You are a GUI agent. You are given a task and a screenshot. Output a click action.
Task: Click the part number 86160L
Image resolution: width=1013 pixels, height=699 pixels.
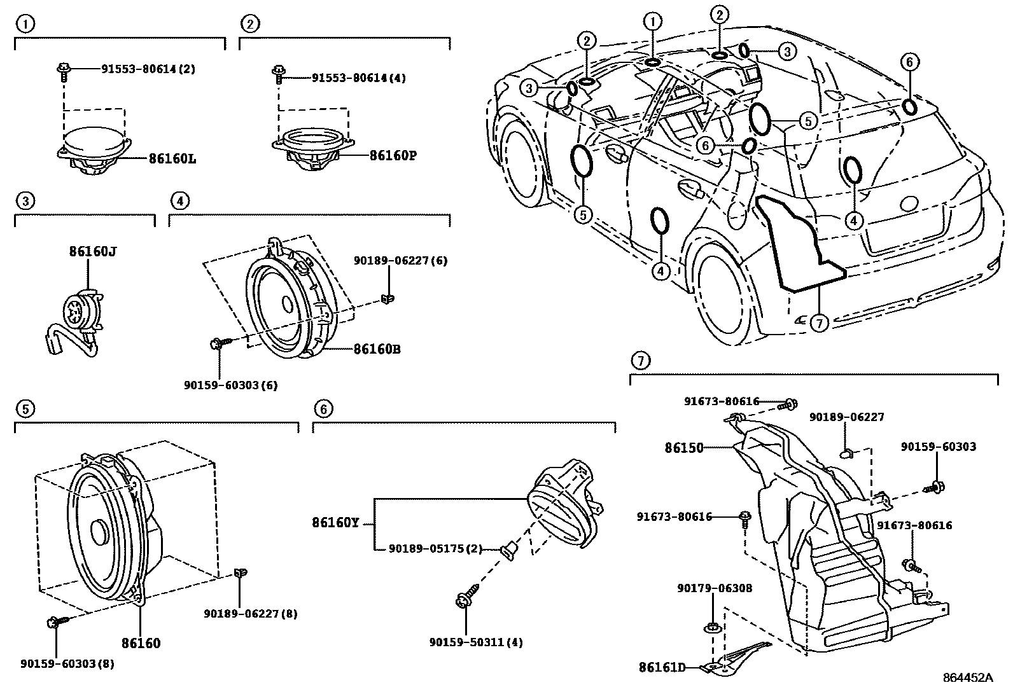[x=172, y=159]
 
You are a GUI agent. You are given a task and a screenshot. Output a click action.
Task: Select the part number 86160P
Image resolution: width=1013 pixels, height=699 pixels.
[x=393, y=156]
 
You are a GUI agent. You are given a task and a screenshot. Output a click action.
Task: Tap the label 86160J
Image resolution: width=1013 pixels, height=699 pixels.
[x=93, y=251]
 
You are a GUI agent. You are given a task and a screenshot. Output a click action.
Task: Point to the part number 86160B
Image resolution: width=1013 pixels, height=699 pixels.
[x=377, y=349]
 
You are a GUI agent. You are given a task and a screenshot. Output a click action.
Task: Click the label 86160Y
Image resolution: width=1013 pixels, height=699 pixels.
[x=335, y=523]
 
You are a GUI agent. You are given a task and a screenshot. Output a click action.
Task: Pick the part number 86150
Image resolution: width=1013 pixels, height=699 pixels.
[x=684, y=448]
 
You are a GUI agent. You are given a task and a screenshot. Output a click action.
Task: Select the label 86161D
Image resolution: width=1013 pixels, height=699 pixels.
[x=662, y=667]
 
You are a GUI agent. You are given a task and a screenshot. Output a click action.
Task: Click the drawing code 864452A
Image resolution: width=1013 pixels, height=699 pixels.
[x=968, y=678]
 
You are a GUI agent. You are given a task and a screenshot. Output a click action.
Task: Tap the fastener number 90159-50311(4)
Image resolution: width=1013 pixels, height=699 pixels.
[x=476, y=642]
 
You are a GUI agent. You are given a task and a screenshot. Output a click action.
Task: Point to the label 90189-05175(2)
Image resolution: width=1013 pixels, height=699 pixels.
[x=435, y=549]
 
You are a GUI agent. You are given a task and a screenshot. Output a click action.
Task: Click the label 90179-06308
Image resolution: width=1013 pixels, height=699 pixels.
[x=715, y=588]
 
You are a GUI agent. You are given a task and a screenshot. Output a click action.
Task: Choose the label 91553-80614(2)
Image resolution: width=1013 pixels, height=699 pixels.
[x=148, y=69]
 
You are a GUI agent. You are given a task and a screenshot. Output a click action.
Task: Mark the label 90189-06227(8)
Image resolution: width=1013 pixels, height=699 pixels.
[x=251, y=614]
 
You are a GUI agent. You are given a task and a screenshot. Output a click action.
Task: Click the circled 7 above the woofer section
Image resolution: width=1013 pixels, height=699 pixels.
[x=641, y=361]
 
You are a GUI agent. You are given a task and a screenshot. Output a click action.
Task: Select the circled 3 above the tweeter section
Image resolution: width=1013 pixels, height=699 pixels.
[x=25, y=201]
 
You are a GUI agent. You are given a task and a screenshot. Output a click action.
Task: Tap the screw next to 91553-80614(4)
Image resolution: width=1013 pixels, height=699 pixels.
[x=278, y=75]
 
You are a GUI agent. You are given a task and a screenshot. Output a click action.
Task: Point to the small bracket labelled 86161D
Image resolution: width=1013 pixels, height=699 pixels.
[x=735, y=658]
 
